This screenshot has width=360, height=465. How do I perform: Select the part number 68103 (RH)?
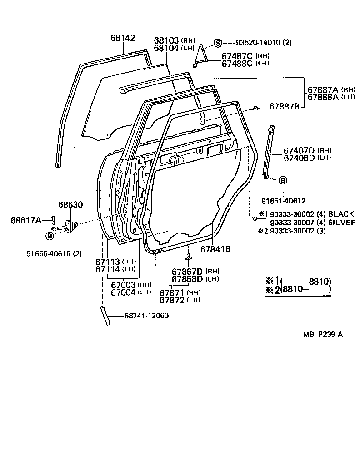(x=166, y=40)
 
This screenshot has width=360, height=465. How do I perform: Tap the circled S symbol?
(x=218, y=43)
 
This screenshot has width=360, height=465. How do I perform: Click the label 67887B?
(x=284, y=107)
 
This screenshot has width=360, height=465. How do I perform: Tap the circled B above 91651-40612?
(x=282, y=180)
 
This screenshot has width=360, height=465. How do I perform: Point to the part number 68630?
(x=70, y=205)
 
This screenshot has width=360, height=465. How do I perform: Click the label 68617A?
(x=26, y=221)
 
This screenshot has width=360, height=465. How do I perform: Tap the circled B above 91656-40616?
(x=49, y=236)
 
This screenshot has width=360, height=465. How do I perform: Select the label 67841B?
(x=215, y=249)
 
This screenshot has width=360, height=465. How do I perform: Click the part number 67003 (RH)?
(x=123, y=285)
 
